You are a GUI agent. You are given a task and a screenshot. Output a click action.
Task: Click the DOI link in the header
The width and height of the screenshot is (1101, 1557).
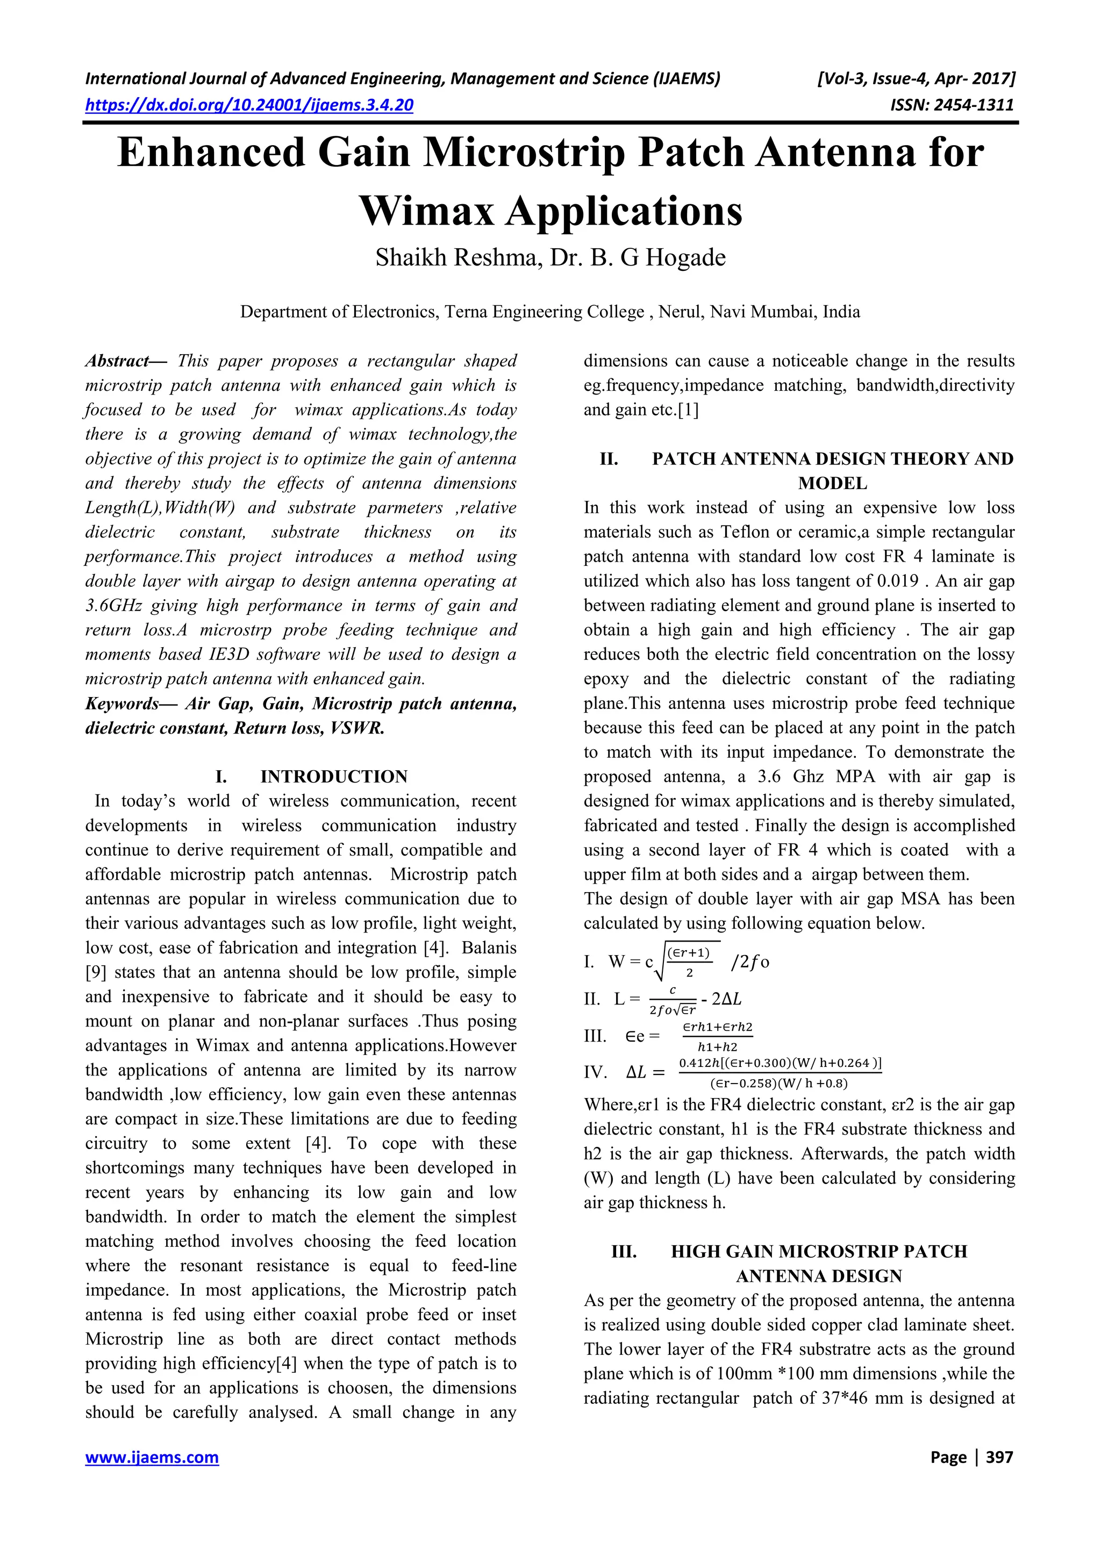pyautogui.click(x=249, y=105)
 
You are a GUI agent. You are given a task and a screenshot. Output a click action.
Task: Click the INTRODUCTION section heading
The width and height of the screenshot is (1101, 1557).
pyautogui.click(x=334, y=777)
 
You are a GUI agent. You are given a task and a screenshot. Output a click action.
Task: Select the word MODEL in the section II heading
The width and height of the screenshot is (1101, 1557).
pyautogui.click(x=832, y=484)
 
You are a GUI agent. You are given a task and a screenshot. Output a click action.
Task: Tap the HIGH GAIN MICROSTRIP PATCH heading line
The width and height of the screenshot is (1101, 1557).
pyautogui.click(x=819, y=1251)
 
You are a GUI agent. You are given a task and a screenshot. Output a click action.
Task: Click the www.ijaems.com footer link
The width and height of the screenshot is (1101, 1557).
pyautogui.click(x=152, y=1458)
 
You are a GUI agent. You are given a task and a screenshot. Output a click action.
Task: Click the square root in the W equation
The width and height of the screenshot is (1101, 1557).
pyautogui.click(x=685, y=962)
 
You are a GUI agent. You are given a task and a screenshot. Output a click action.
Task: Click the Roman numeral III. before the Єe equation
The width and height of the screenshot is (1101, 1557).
pyautogui.click(x=595, y=1036)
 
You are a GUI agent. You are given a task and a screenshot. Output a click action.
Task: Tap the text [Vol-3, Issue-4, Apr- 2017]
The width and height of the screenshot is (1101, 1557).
pyautogui.click(x=916, y=78)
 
